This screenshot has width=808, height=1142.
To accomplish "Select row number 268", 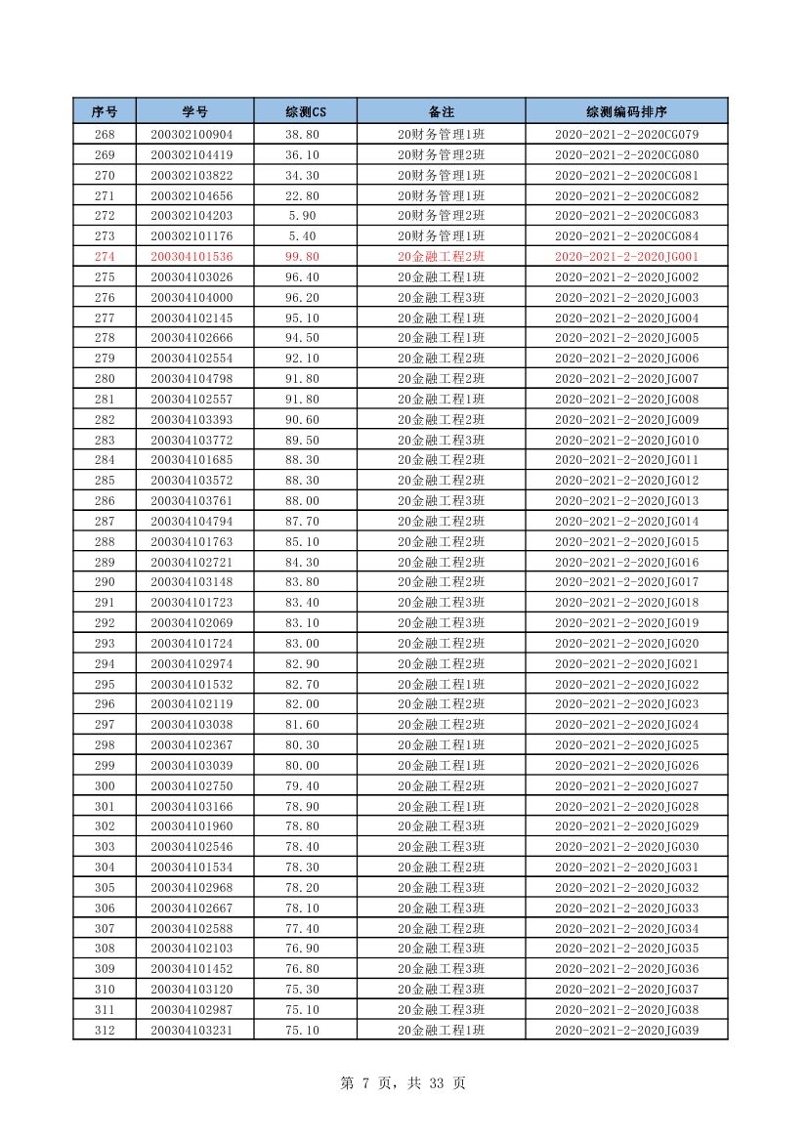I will pos(105,135).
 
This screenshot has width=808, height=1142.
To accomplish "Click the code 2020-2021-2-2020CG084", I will pos(626,236).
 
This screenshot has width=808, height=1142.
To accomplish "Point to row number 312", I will pos(105,1030).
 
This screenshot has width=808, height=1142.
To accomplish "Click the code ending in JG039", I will pos(626,1030).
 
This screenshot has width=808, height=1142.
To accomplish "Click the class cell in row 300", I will pos(441,786).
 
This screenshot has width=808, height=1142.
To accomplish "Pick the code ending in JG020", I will pos(626,644).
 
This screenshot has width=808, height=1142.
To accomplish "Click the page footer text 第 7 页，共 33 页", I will pos(403,1082).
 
